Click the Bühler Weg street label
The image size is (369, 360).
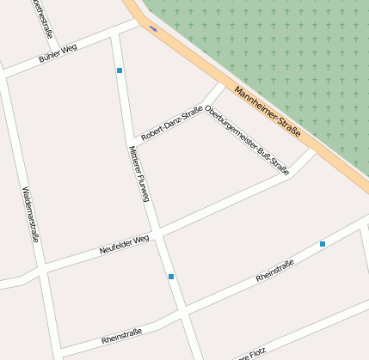(x=58, y=53)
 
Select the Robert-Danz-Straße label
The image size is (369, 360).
(x=171, y=123)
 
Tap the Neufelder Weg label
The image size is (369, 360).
(x=125, y=244)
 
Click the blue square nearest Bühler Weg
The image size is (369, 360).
(x=120, y=70)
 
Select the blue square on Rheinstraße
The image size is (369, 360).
(x=323, y=244)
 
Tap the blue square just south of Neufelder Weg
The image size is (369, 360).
(x=171, y=277)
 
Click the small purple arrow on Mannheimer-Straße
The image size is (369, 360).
(x=154, y=27)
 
